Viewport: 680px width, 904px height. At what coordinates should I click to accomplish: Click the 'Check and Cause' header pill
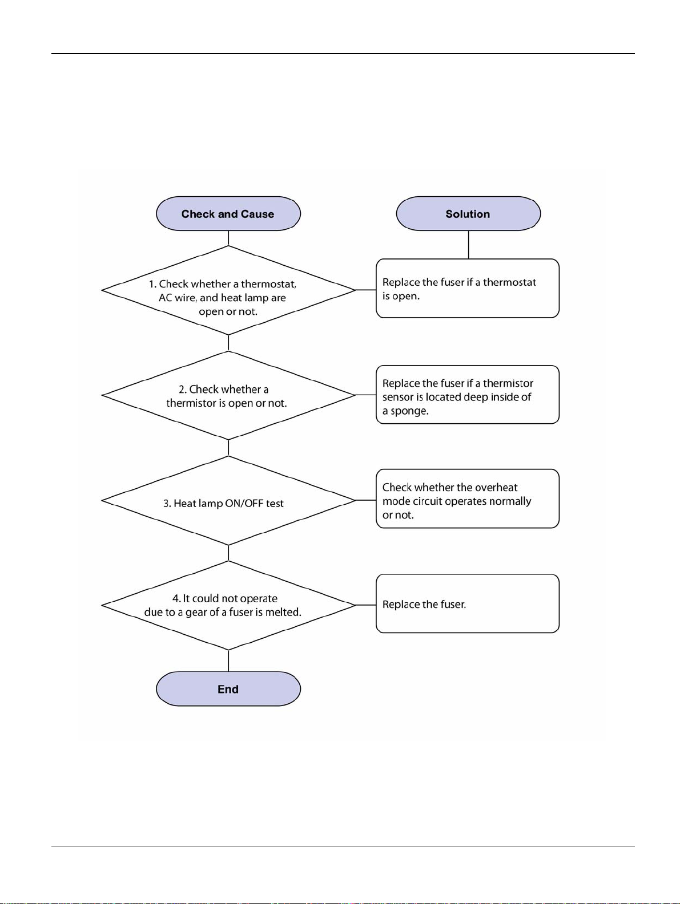pos(228,214)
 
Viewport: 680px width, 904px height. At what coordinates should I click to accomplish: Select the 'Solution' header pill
pos(468,214)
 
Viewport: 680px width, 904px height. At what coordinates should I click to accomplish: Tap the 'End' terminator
pos(228,689)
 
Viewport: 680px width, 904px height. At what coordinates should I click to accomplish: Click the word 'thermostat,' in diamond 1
pos(269,284)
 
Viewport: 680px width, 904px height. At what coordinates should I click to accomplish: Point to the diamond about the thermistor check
pos(228,395)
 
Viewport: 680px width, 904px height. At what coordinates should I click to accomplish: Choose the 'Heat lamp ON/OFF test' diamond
pos(228,500)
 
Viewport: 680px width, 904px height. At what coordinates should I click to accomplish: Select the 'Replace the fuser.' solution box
pos(468,604)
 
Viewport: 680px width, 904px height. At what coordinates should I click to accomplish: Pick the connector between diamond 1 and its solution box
pos(366,290)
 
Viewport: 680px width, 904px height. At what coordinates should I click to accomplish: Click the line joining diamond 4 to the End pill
pos(228,660)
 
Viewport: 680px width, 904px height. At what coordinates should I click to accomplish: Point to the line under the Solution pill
pos(469,245)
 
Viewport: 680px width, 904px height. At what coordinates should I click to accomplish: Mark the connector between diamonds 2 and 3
pos(228,448)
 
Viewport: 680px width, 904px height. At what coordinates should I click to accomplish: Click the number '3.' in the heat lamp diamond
pos(167,503)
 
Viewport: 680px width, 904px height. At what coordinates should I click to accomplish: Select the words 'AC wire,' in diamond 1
pos(178,298)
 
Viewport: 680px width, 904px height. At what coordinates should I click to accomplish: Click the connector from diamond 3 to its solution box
pos(366,500)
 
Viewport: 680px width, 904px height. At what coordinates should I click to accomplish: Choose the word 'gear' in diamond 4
pos(196,613)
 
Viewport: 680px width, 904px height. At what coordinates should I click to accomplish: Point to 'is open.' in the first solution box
pos(401,297)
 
